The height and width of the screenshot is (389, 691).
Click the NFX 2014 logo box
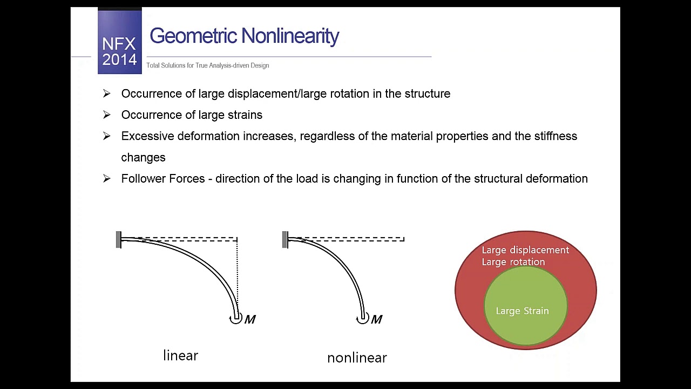pyautogui.click(x=119, y=42)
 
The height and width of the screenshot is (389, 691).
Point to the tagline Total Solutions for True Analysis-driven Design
pyautogui.click(x=207, y=65)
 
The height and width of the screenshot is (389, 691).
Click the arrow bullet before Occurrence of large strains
pyautogui.click(x=106, y=115)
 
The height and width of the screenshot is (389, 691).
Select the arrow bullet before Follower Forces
pyautogui.click(x=106, y=179)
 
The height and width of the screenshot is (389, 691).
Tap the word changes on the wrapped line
pyautogui.click(x=143, y=158)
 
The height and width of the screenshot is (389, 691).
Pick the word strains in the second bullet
pyautogui.click(x=244, y=115)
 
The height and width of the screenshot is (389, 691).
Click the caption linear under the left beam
pyautogui.click(x=180, y=356)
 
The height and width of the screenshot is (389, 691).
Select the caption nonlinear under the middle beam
pyautogui.click(x=357, y=358)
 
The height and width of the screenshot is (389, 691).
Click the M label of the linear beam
pyautogui.click(x=250, y=320)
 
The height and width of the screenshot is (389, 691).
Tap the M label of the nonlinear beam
pyautogui.click(x=377, y=320)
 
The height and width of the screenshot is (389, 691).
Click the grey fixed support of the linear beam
pyautogui.click(x=119, y=240)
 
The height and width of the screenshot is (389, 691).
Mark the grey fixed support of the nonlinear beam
pyautogui.click(x=285, y=240)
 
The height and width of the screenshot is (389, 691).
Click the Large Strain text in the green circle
pyautogui.click(x=522, y=311)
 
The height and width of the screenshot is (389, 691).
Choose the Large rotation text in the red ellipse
pyautogui.click(x=513, y=262)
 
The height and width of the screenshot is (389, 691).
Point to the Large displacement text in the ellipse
pyautogui.click(x=525, y=250)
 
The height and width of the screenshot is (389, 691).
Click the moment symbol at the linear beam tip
pyautogui.click(x=235, y=319)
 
